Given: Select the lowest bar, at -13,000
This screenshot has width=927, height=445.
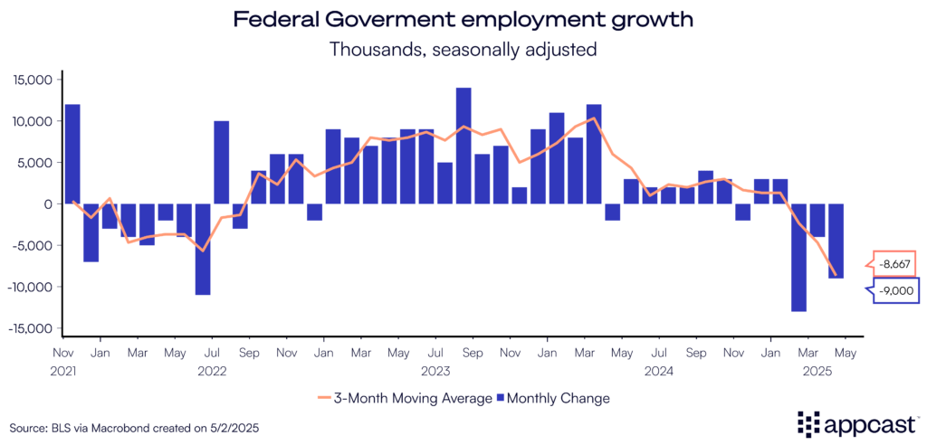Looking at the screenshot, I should (x=798, y=258).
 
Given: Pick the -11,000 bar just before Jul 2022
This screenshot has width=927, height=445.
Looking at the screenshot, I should (x=203, y=249).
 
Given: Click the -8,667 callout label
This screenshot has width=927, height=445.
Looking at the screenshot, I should (x=894, y=263).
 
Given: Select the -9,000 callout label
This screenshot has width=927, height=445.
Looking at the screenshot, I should (x=894, y=291).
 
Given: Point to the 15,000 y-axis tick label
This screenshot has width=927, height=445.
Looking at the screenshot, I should (x=34, y=80).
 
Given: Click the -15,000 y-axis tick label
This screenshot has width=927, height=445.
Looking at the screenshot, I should (x=33, y=328).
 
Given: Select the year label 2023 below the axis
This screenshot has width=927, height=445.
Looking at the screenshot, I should (x=437, y=370).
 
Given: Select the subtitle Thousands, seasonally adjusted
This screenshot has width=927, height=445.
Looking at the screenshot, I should (x=463, y=49).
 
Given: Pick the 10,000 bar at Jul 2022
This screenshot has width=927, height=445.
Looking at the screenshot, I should (x=221, y=163).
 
